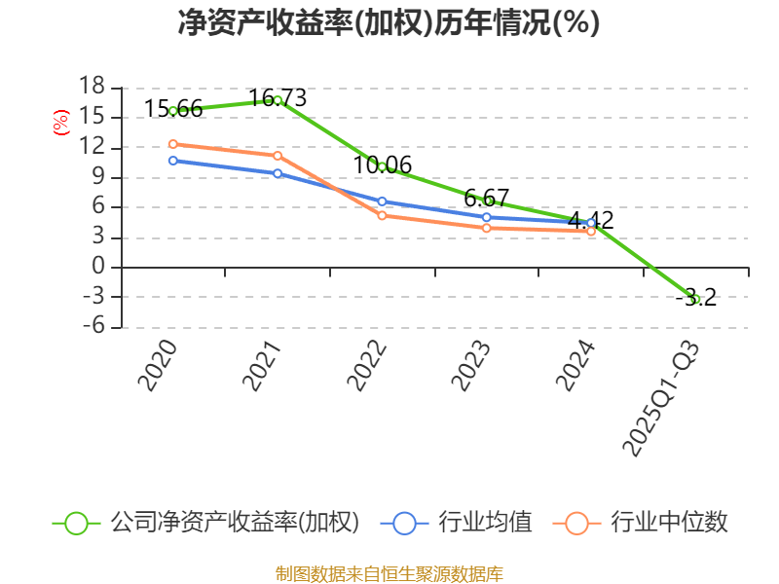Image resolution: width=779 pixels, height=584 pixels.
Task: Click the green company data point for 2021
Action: (278, 100)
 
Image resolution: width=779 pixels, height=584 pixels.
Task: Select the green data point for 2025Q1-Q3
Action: (695, 299)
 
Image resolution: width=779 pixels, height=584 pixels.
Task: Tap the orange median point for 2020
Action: (173, 144)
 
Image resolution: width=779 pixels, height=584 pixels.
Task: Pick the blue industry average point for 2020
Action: (173, 161)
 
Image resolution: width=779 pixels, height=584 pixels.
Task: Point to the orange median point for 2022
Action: (382, 215)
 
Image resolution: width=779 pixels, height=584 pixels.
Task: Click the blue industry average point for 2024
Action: (591, 223)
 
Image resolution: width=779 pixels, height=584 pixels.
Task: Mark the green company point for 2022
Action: (382, 166)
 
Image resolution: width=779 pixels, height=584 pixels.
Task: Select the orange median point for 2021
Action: (278, 156)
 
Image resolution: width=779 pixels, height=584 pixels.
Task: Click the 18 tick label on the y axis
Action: (92, 88)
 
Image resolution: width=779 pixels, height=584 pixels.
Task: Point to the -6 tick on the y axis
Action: (92, 327)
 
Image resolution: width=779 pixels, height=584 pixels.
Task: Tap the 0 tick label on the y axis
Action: (97, 268)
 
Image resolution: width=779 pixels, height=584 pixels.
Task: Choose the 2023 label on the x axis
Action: (471, 366)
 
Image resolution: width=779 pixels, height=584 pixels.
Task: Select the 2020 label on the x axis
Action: (158, 366)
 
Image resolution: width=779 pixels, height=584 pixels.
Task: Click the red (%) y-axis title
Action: (60, 123)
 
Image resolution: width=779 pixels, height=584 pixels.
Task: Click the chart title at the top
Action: (389, 23)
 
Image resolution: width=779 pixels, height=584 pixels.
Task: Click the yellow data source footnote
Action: (389, 573)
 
